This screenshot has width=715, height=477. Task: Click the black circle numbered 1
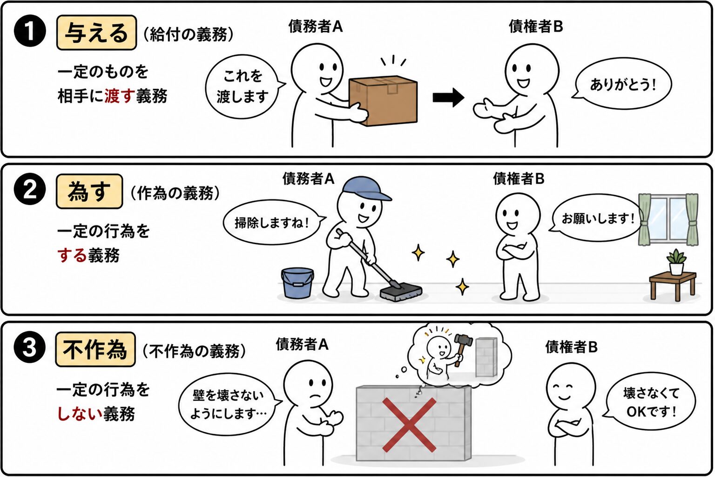[30, 31]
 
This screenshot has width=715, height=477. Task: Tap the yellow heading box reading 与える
[96, 33]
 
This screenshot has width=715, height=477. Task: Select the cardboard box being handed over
[384, 100]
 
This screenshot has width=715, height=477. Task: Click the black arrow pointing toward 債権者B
[448, 98]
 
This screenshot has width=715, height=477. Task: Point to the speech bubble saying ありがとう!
[623, 84]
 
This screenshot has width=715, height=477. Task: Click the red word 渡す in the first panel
[118, 96]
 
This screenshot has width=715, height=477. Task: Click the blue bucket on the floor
[297, 283]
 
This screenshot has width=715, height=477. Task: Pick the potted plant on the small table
[676, 262]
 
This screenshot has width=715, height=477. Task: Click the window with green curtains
[668, 219]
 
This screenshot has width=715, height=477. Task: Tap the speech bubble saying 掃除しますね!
[273, 222]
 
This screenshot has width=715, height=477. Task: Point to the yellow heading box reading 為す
[89, 191]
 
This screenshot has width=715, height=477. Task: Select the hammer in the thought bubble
[462, 348]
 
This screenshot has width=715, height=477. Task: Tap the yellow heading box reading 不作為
[95, 349]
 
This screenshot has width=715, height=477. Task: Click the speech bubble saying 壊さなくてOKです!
[649, 402]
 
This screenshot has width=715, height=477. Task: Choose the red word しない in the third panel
[80, 414]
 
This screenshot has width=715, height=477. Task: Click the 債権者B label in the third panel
[571, 347]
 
